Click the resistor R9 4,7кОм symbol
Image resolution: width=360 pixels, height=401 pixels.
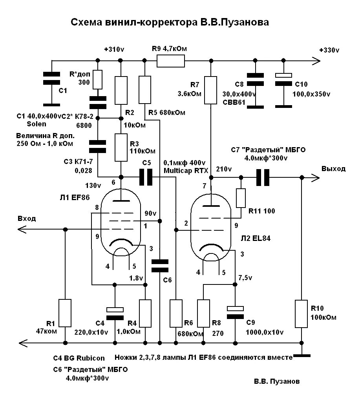pyautogui.click(x=171, y=61)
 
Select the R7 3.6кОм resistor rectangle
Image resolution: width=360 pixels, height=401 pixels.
pyautogui.click(x=210, y=90)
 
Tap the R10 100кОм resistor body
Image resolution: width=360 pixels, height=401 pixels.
pyautogui.click(x=302, y=314)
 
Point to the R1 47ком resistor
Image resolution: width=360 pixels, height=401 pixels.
pyautogui.click(x=65, y=313)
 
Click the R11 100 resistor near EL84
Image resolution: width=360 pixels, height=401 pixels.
pyautogui.click(x=241, y=198)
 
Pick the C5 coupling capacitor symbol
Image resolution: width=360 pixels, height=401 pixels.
pyautogui.click(x=146, y=177)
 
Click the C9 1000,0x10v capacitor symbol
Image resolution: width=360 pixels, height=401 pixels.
pyautogui.click(x=235, y=312)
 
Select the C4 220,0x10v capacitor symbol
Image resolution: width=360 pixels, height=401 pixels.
pyautogui.click(x=115, y=314)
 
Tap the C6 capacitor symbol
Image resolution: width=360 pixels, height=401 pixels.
pyautogui.click(x=160, y=266)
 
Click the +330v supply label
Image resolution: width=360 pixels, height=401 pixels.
pyautogui.click(x=329, y=50)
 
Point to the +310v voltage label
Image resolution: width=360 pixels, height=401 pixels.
pyautogui.click(x=114, y=49)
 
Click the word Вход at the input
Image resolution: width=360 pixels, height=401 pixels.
pyautogui.click(x=27, y=219)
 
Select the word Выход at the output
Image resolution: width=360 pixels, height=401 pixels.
pyautogui.click(x=333, y=169)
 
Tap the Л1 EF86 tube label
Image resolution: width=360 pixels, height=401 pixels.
pyautogui.click(x=75, y=197)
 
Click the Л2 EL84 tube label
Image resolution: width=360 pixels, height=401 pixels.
pyautogui.click(x=256, y=238)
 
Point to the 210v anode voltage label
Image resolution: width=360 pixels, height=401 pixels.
pyautogui.click(x=224, y=169)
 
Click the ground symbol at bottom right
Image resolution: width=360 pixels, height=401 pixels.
pyautogui.click(x=302, y=355)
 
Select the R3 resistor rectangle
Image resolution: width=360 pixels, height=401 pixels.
pyautogui.click(x=121, y=148)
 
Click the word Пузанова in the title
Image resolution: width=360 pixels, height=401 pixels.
pyautogui.click(x=244, y=22)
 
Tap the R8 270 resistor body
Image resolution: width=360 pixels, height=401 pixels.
pyautogui.click(x=204, y=314)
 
